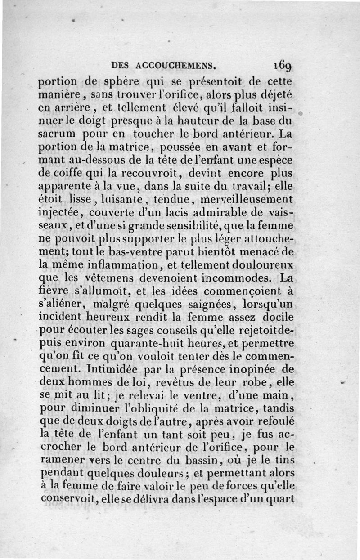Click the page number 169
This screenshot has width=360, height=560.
[x=283, y=66]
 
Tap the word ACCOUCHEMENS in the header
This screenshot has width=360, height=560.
[x=176, y=65]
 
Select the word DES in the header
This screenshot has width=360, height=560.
[x=121, y=65]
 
